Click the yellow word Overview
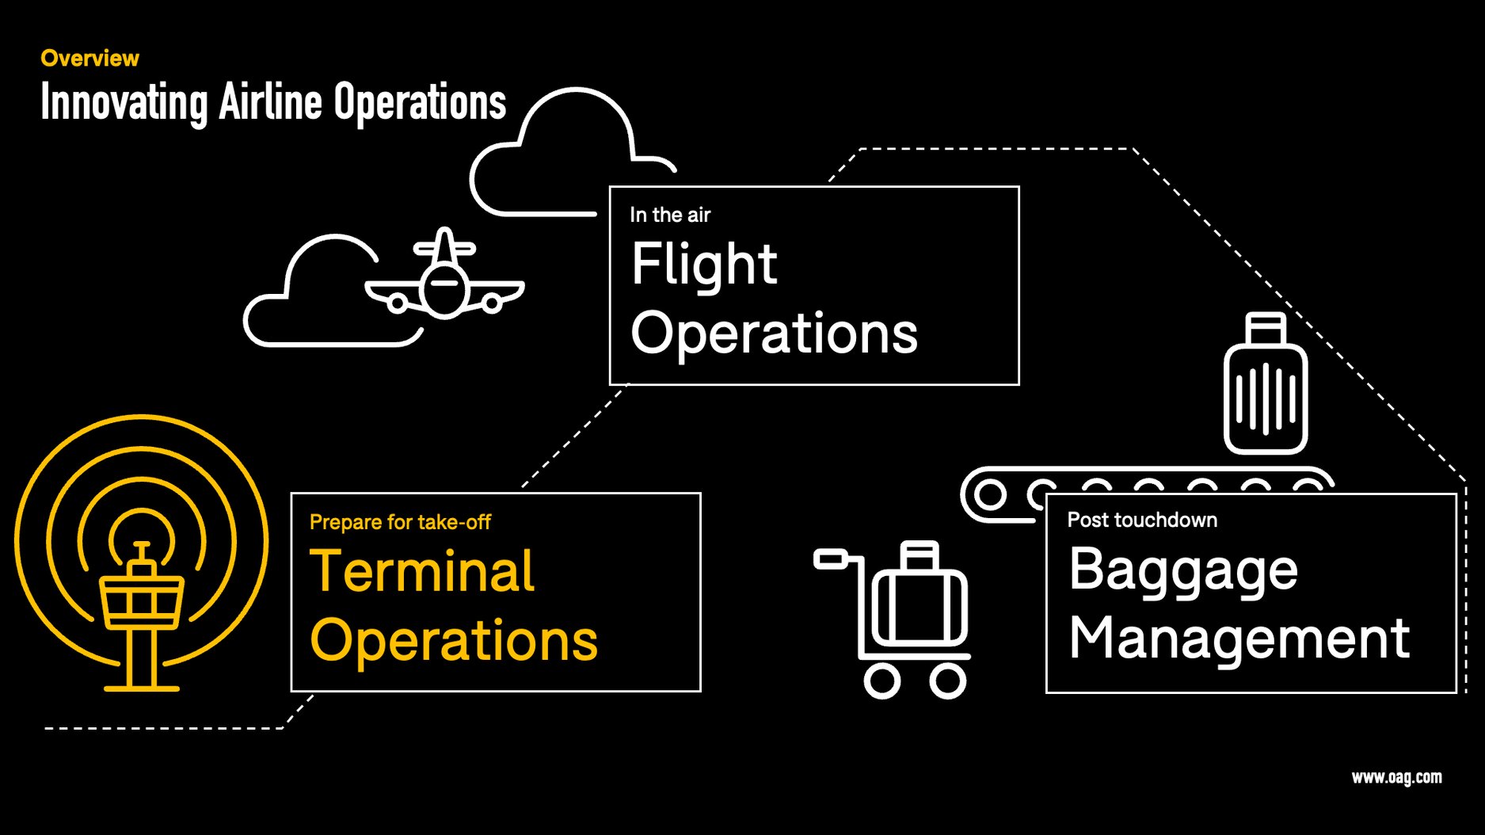pos(89,59)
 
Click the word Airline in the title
pos(270,103)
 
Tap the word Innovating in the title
pos(124,103)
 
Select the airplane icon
pos(444,277)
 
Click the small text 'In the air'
pos(670,215)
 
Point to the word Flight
pos(703,265)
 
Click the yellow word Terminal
pos(422,571)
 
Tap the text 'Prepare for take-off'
pos(400,522)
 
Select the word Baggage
pos(1182,570)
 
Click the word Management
pos(1239,639)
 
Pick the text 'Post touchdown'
pos(1142,520)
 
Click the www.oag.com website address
pos(1396,777)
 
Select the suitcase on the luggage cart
pos(920,602)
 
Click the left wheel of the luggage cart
pos(881,681)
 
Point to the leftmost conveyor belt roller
pos(989,495)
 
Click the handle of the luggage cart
pos(831,559)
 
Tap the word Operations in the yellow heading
pos(454,641)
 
